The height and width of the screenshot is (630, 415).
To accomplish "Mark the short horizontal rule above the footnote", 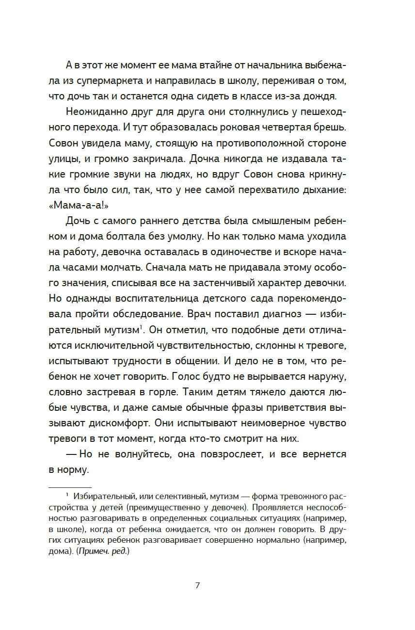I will click(x=70, y=487).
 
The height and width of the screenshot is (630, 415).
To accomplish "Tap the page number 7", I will click(x=197, y=585).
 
